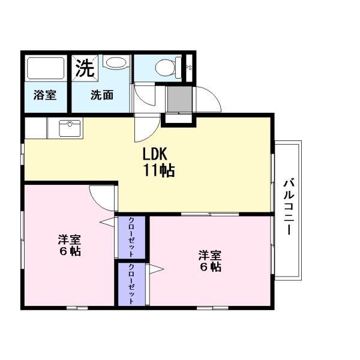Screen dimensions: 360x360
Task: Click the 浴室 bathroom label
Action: pyautogui.click(x=45, y=95)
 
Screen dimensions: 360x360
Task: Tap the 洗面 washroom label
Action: pyautogui.click(x=102, y=95)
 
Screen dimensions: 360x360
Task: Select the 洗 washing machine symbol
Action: pyautogui.click(x=85, y=67)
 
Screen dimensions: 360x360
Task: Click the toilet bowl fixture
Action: pyautogui.click(x=166, y=67)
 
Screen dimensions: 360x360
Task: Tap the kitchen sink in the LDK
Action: pyautogui.click(x=70, y=128)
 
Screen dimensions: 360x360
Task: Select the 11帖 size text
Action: pyautogui.click(x=158, y=170)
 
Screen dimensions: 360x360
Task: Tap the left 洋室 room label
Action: pyautogui.click(x=69, y=239)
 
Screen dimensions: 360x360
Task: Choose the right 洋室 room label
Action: pyautogui.click(x=210, y=254)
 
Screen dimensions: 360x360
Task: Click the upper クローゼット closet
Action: pyautogui.click(x=131, y=237)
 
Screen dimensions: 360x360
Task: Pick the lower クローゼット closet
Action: pyautogui.click(x=131, y=284)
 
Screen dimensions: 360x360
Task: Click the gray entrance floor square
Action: pyautogui.click(x=179, y=100)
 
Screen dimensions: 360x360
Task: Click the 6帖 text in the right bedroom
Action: pyautogui.click(x=210, y=267)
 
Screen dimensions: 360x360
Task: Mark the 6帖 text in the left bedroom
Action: pyautogui.click(x=69, y=251)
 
